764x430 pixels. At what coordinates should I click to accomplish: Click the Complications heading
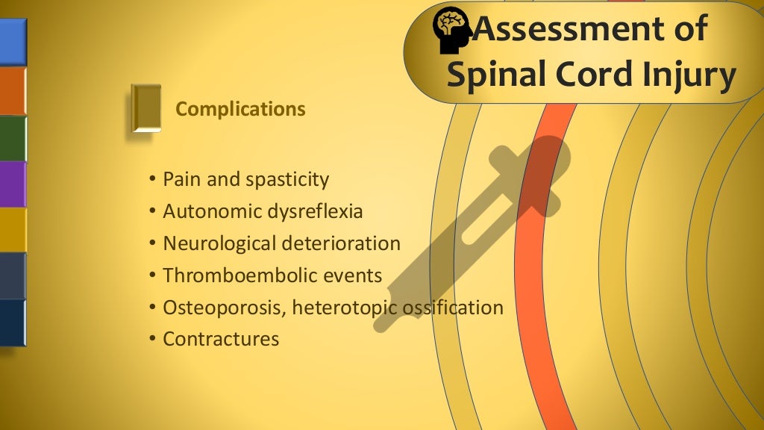(240, 109)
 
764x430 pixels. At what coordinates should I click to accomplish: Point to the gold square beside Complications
(146, 108)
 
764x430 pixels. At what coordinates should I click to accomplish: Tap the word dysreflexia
(315, 211)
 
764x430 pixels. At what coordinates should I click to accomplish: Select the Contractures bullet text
(221, 339)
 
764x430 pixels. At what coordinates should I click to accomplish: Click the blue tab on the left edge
(13, 42)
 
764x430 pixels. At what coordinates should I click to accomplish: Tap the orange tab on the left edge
(13, 91)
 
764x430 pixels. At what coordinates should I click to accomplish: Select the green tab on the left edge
(13, 138)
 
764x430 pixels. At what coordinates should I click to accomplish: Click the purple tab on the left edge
(13, 184)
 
